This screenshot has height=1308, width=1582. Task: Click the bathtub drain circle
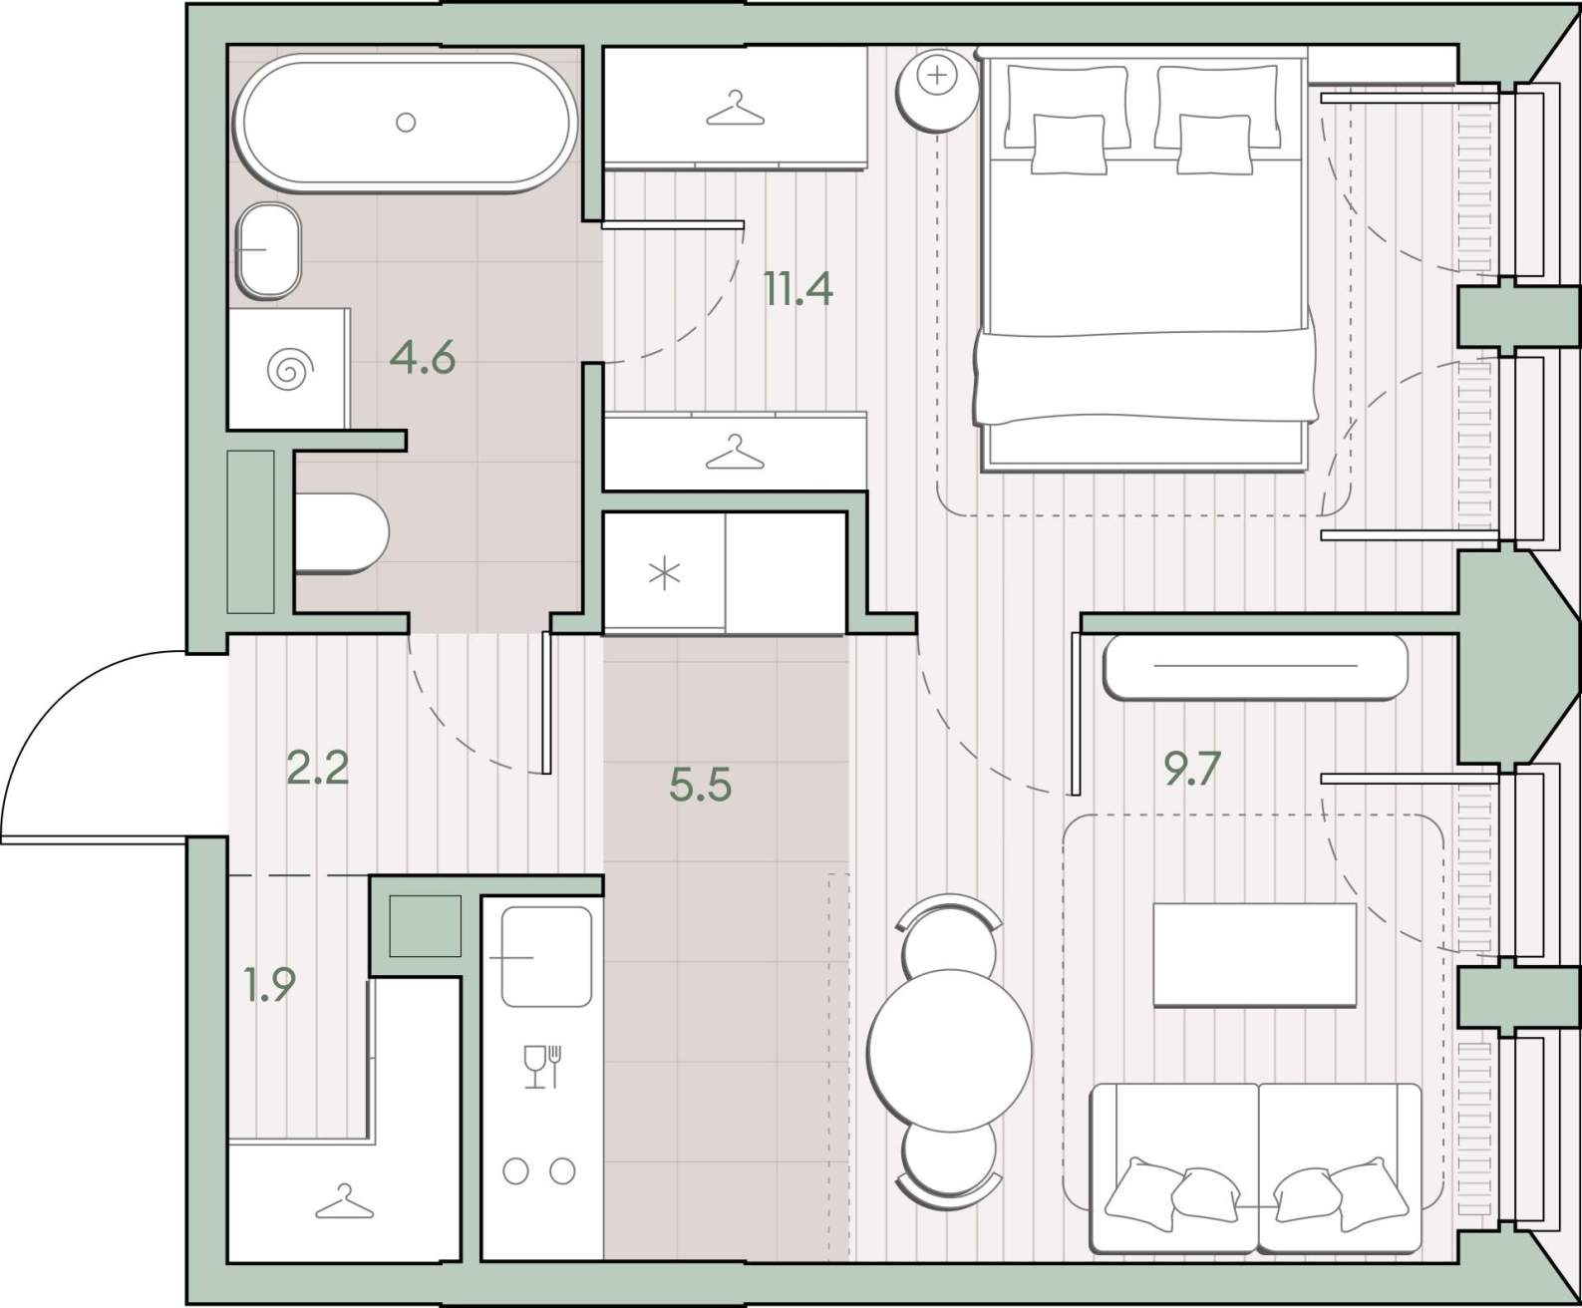coord(406,122)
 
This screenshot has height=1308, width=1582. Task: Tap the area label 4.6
coord(422,358)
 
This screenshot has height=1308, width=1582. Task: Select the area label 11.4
coord(798,289)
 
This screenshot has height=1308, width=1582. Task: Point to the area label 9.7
coord(1192,770)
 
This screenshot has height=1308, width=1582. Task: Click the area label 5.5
coord(700,785)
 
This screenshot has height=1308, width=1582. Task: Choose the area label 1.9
coord(270,984)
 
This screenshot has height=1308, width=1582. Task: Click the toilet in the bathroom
coord(341,532)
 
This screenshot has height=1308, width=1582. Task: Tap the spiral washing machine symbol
coord(290,370)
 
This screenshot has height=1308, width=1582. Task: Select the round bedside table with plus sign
coord(937,90)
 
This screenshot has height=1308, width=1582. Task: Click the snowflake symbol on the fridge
coord(665,573)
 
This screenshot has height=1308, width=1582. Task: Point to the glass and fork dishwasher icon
coord(543,1067)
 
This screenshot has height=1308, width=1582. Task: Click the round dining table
coord(949,1051)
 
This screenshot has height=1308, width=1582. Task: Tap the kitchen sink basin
coord(545,957)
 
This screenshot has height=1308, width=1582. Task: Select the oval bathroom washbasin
coord(268,249)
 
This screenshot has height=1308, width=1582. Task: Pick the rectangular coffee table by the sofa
coord(1255,955)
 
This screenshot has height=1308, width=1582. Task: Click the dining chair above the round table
coord(949,936)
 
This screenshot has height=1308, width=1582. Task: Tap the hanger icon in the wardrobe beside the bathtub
coord(735,108)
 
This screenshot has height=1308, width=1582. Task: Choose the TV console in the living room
coord(1255,667)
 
